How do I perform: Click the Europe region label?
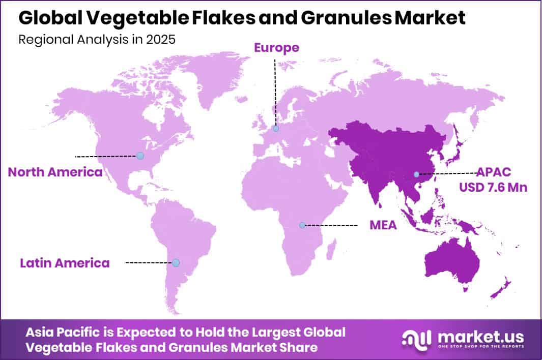coord(276,48)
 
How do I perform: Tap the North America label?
coord(55,172)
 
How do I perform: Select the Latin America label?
coord(65,263)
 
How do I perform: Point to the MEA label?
coord(383,225)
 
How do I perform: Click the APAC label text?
coord(494,171)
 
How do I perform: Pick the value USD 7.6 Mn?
coord(493,187)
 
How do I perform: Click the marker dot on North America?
coord(140,156)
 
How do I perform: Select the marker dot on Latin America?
coord(176,263)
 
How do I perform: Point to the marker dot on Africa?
coord(302,225)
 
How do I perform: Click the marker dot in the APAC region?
coord(416,174)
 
